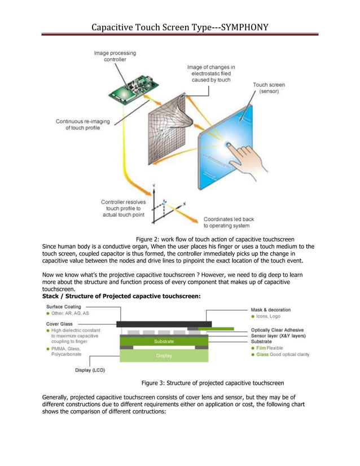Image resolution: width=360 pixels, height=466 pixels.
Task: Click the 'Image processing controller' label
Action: pyautogui.click(x=115, y=56)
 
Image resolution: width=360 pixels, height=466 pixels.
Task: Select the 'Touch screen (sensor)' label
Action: pyautogui.click(x=269, y=88)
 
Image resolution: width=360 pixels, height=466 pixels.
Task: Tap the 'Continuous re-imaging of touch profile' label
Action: pyautogui.click(x=82, y=124)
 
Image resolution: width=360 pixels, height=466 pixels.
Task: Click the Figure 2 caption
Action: pyautogui.click(x=215, y=239)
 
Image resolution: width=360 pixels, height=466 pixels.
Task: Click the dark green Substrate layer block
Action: pyautogui.click(x=164, y=341)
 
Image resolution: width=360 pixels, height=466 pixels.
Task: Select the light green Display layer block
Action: pyautogui.click(x=164, y=356)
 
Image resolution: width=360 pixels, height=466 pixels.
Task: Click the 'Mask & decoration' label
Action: pyautogui.click(x=271, y=310)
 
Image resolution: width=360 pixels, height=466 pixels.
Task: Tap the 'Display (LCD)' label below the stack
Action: pyautogui.click(x=90, y=371)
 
